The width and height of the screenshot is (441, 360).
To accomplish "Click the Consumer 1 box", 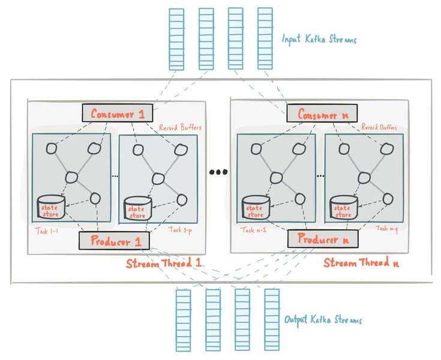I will point(117,112).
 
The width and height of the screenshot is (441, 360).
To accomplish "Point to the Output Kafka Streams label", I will point(323,320).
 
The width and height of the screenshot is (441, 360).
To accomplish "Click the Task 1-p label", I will point(179,229).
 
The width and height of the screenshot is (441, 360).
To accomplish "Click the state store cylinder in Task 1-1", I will point(51,208).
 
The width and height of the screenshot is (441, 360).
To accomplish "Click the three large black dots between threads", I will point(218,172).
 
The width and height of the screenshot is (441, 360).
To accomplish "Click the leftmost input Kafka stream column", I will point(176,39).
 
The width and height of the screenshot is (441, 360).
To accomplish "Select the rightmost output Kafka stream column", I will point(272,320).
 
